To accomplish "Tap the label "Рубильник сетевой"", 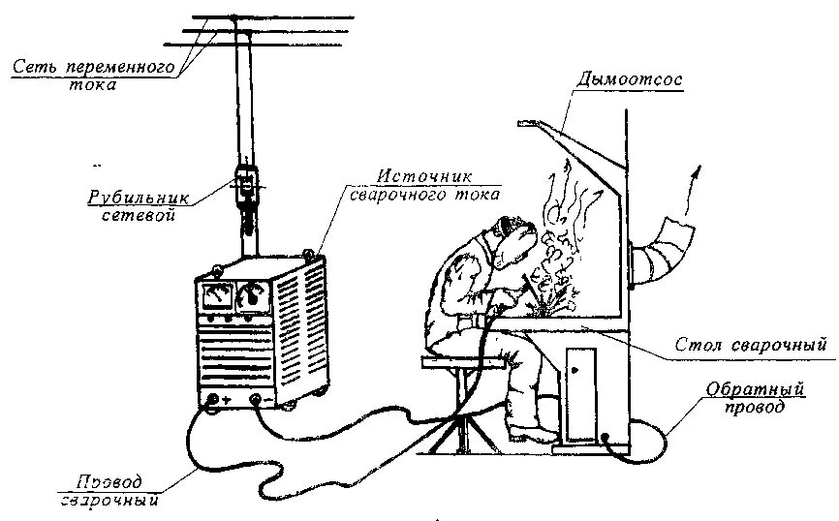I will tap(138, 204).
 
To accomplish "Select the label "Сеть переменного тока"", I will tap(93, 76).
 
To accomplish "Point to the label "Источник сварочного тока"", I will tap(423, 186).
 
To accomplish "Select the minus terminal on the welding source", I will tap(255, 398).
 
